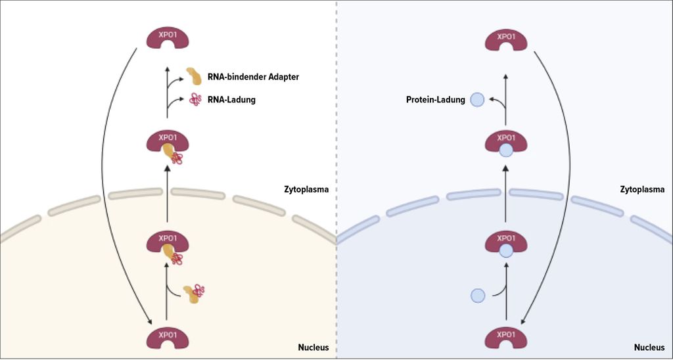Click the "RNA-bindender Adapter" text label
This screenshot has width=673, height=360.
click(x=253, y=77)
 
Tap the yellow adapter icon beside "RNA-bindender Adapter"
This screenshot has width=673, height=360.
click(x=194, y=76)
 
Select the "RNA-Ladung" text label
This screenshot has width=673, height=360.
click(x=231, y=100)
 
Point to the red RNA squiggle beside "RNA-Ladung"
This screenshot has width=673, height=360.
click(x=195, y=100)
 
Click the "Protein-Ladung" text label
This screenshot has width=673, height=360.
click(x=435, y=100)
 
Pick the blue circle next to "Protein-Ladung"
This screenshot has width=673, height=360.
click(x=478, y=100)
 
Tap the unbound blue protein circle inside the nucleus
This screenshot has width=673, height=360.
click(x=478, y=296)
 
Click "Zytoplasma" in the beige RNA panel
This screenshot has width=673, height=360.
click(x=306, y=189)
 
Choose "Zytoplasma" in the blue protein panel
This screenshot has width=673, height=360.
click(x=642, y=189)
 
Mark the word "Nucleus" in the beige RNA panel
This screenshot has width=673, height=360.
click(x=312, y=347)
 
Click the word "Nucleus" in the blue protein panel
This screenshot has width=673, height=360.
click(x=648, y=347)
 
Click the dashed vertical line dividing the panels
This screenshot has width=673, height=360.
click(x=336, y=131)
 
